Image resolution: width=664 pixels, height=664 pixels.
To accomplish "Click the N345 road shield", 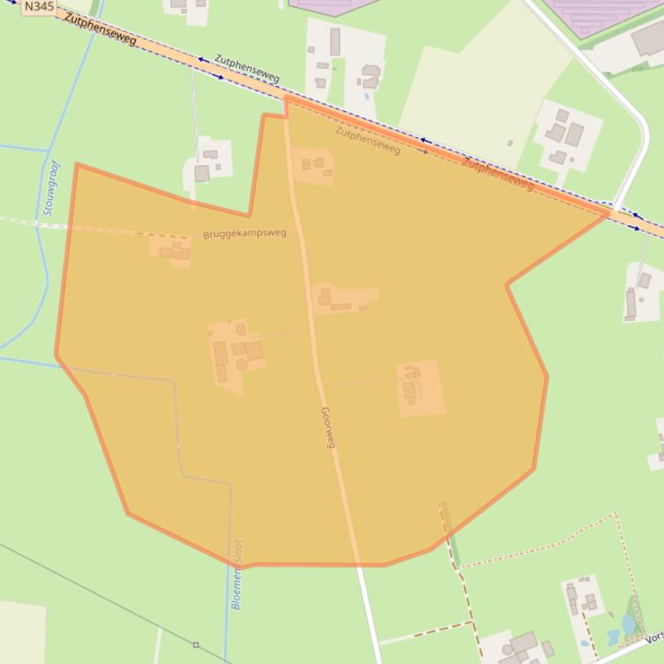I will [35, 7].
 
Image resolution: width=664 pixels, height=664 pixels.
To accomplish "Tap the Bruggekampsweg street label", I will [244, 234].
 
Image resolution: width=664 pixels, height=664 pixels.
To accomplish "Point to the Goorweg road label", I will [327, 427].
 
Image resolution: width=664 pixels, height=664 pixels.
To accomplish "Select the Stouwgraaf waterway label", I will [49, 187].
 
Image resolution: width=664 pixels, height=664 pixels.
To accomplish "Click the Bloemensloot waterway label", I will [237, 574].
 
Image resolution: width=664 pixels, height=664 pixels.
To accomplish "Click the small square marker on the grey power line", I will [196, 644].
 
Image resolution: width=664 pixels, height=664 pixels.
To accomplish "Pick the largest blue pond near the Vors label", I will [629, 623].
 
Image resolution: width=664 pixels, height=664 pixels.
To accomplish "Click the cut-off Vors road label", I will [654, 641].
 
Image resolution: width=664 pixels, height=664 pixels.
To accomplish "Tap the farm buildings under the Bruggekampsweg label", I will [174, 251].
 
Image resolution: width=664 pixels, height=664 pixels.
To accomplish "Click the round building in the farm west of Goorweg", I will [242, 365].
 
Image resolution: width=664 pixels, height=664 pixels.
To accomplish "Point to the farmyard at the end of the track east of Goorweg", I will [420, 387].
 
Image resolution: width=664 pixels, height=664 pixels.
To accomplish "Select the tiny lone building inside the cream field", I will [510, 143].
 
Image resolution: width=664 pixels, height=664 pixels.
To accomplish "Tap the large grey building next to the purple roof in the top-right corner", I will [648, 38].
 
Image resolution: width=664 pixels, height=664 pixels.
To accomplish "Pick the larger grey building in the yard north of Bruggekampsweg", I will [202, 173].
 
